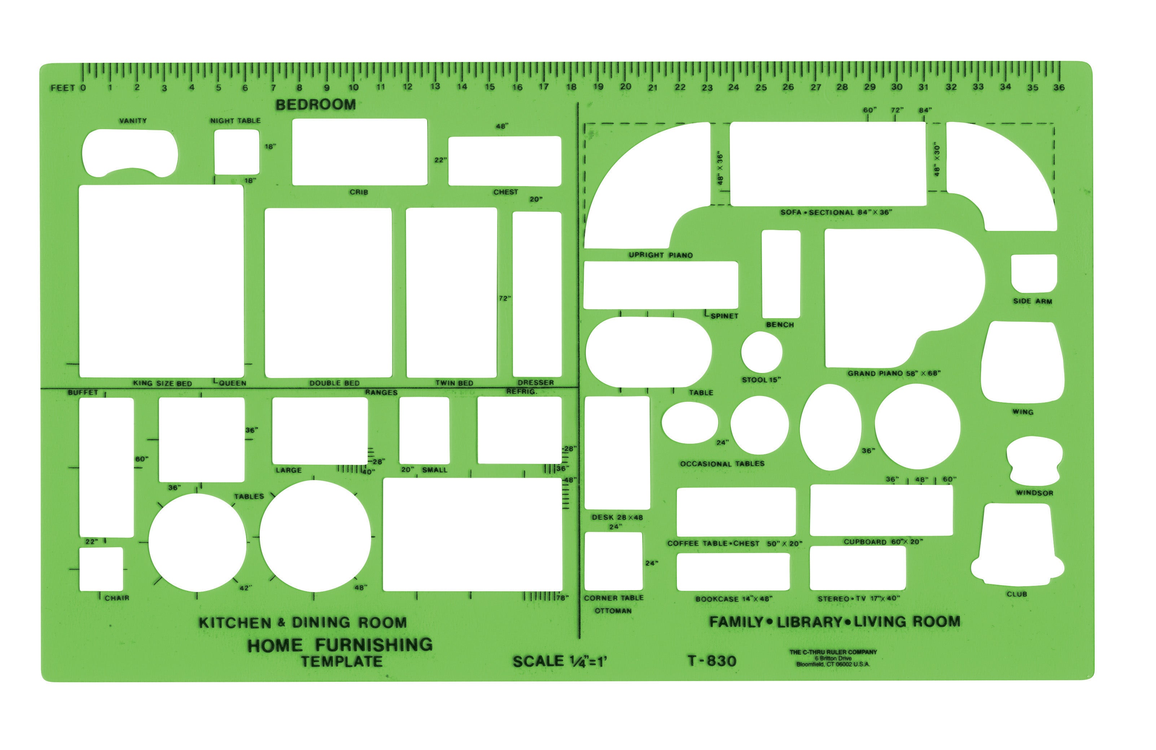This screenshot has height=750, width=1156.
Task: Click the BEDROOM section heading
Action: (316, 104)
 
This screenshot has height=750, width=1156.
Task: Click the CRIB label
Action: (359, 192)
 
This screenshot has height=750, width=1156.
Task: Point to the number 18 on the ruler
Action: (571, 87)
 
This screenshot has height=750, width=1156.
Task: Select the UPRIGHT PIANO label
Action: (661, 255)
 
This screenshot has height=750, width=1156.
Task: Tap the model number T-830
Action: (712, 661)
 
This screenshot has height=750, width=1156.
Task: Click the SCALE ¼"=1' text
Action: (560, 661)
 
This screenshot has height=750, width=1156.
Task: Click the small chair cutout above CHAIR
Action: (101, 569)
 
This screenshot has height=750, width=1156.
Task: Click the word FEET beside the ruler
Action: (63, 88)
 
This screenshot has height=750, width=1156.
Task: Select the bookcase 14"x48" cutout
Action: (733, 571)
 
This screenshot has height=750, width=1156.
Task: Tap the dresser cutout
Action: (537, 294)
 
